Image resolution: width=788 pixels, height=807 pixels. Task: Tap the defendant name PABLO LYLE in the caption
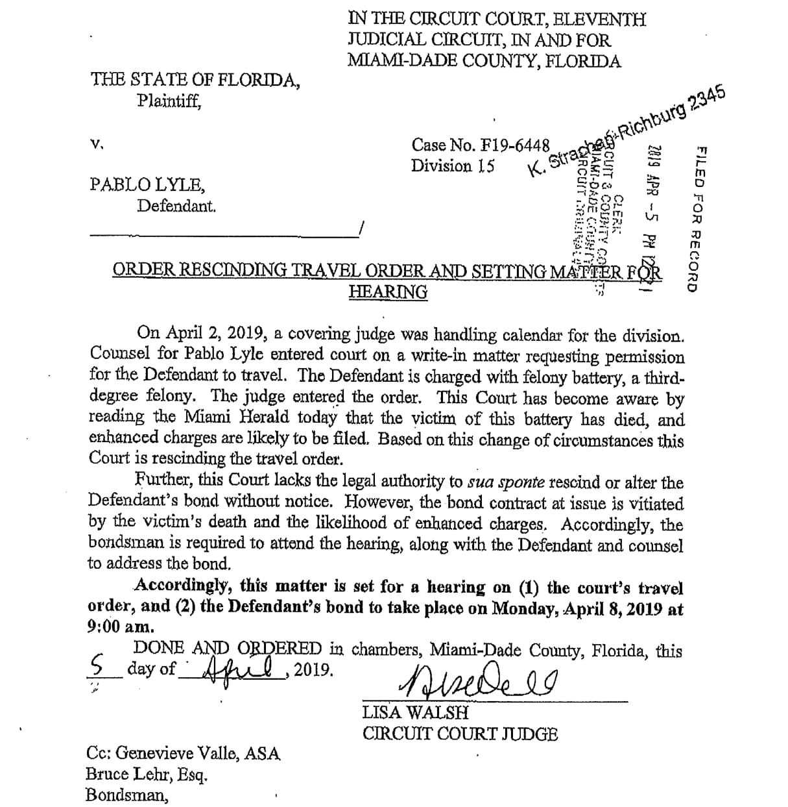pos(147,184)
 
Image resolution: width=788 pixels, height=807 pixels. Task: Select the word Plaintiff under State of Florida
pos(169,101)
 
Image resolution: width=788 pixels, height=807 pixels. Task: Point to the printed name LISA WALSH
pos(415,712)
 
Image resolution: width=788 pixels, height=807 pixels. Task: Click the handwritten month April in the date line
pos(237,667)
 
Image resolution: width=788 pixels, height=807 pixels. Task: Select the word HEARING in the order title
pos(388,292)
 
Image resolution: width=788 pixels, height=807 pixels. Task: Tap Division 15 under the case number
pos(453,166)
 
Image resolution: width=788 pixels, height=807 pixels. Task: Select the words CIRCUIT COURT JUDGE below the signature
pos(460,734)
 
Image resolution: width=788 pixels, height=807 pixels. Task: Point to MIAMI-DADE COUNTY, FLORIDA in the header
pos(484,61)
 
